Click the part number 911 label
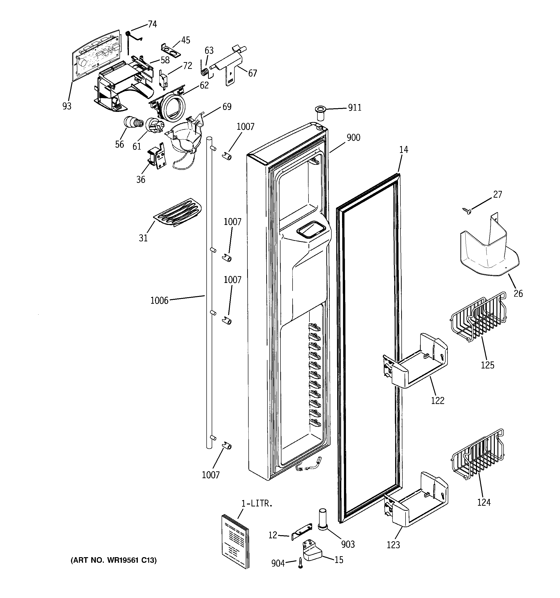pyautogui.click(x=354, y=108)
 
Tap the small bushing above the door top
pyautogui.click(x=320, y=113)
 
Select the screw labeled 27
pyautogui.click(x=467, y=211)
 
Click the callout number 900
pyautogui.click(x=353, y=138)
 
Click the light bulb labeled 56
pyautogui.click(x=132, y=123)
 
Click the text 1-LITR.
pyautogui.click(x=257, y=504)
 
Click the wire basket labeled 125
pyautogui.click(x=478, y=319)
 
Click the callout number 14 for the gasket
pyautogui.click(x=404, y=150)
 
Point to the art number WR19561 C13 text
pyautogui.click(x=114, y=560)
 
